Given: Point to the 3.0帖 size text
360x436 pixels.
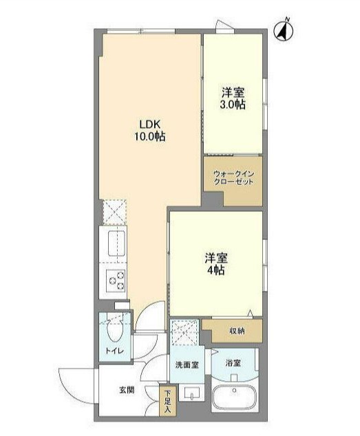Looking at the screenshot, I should [x=233, y=105].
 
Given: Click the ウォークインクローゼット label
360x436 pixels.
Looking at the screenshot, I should [x=233, y=178].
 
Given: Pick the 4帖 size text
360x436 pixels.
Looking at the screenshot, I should [x=216, y=270].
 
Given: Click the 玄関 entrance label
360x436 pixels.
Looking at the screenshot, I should [x=127, y=390].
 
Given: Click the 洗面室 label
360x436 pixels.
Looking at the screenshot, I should [x=186, y=364].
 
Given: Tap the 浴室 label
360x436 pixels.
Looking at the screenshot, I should [x=231, y=363].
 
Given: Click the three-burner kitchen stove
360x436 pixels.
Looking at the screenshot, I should [x=115, y=281].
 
